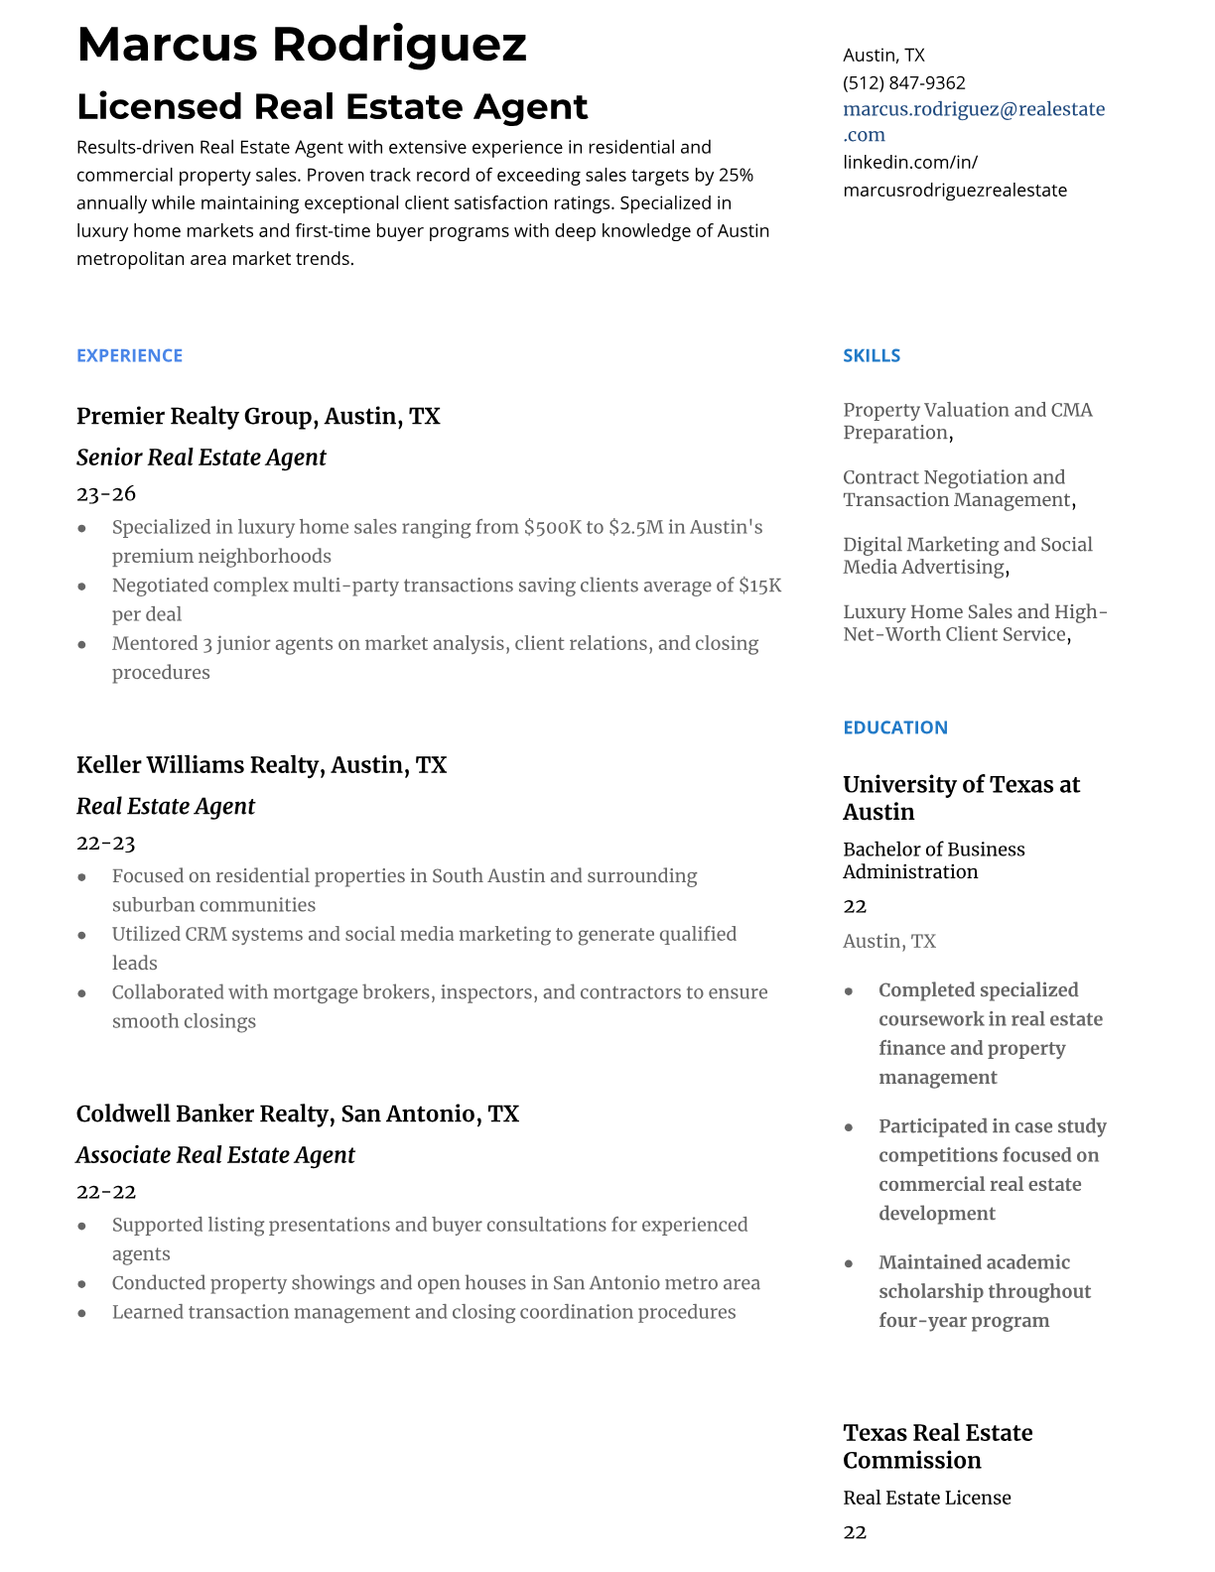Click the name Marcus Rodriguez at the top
coord(302,46)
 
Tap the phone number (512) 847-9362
coord(903,83)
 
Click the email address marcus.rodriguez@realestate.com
coord(973,121)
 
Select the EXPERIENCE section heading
coord(129,355)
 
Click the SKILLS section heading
coord(872,355)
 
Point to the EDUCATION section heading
coord(894,727)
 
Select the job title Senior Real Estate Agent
coord(201,458)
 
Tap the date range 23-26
coord(106,493)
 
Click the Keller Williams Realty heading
coord(199,765)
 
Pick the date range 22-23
coord(105,843)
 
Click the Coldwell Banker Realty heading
coord(203,1113)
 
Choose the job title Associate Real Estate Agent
coord(215,1155)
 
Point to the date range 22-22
coord(105,1191)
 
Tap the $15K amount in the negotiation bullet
coord(759,586)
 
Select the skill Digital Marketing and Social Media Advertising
coord(968,556)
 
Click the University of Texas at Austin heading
coord(961,798)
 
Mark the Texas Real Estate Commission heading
coord(937,1446)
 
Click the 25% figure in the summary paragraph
coord(736,176)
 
